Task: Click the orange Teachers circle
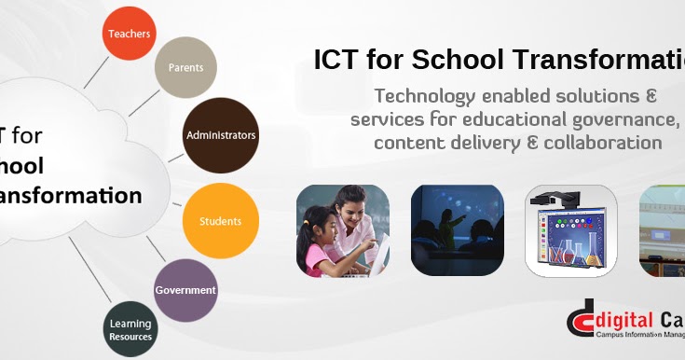pyautogui.click(x=129, y=33)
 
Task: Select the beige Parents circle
pyautogui.click(x=185, y=68)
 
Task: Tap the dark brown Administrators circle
pyautogui.click(x=221, y=135)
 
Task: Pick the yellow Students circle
pyautogui.click(x=220, y=221)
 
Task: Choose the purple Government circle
pyautogui.click(x=185, y=290)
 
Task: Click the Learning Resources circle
pyautogui.click(x=130, y=329)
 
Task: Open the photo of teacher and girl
pyautogui.click(x=343, y=230)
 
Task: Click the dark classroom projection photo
pyautogui.click(x=458, y=230)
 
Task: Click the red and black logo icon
pyautogui.click(x=581, y=319)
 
